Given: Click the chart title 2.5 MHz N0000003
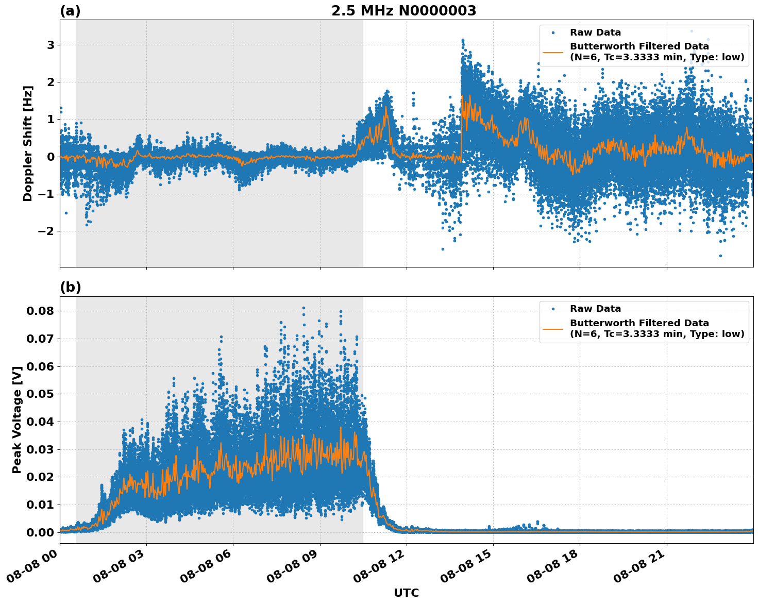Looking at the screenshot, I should point(403,11).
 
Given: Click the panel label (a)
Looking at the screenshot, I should point(70,11).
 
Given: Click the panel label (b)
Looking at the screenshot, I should point(70,288).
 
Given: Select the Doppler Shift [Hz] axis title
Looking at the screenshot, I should point(28,143).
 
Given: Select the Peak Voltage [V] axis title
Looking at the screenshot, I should point(17,420).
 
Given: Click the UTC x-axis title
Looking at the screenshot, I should point(406,593).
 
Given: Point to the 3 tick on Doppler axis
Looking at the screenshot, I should point(50,45).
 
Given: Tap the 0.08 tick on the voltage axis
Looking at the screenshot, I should point(40,311).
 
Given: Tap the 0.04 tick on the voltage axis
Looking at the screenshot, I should point(40,422).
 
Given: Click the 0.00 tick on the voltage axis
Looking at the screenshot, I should point(40,532).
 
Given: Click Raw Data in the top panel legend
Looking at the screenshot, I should point(595,32).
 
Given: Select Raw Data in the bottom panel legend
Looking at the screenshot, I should point(595,309).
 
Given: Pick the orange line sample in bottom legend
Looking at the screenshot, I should point(553,328).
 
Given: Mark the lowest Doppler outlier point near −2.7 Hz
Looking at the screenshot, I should point(720,256).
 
